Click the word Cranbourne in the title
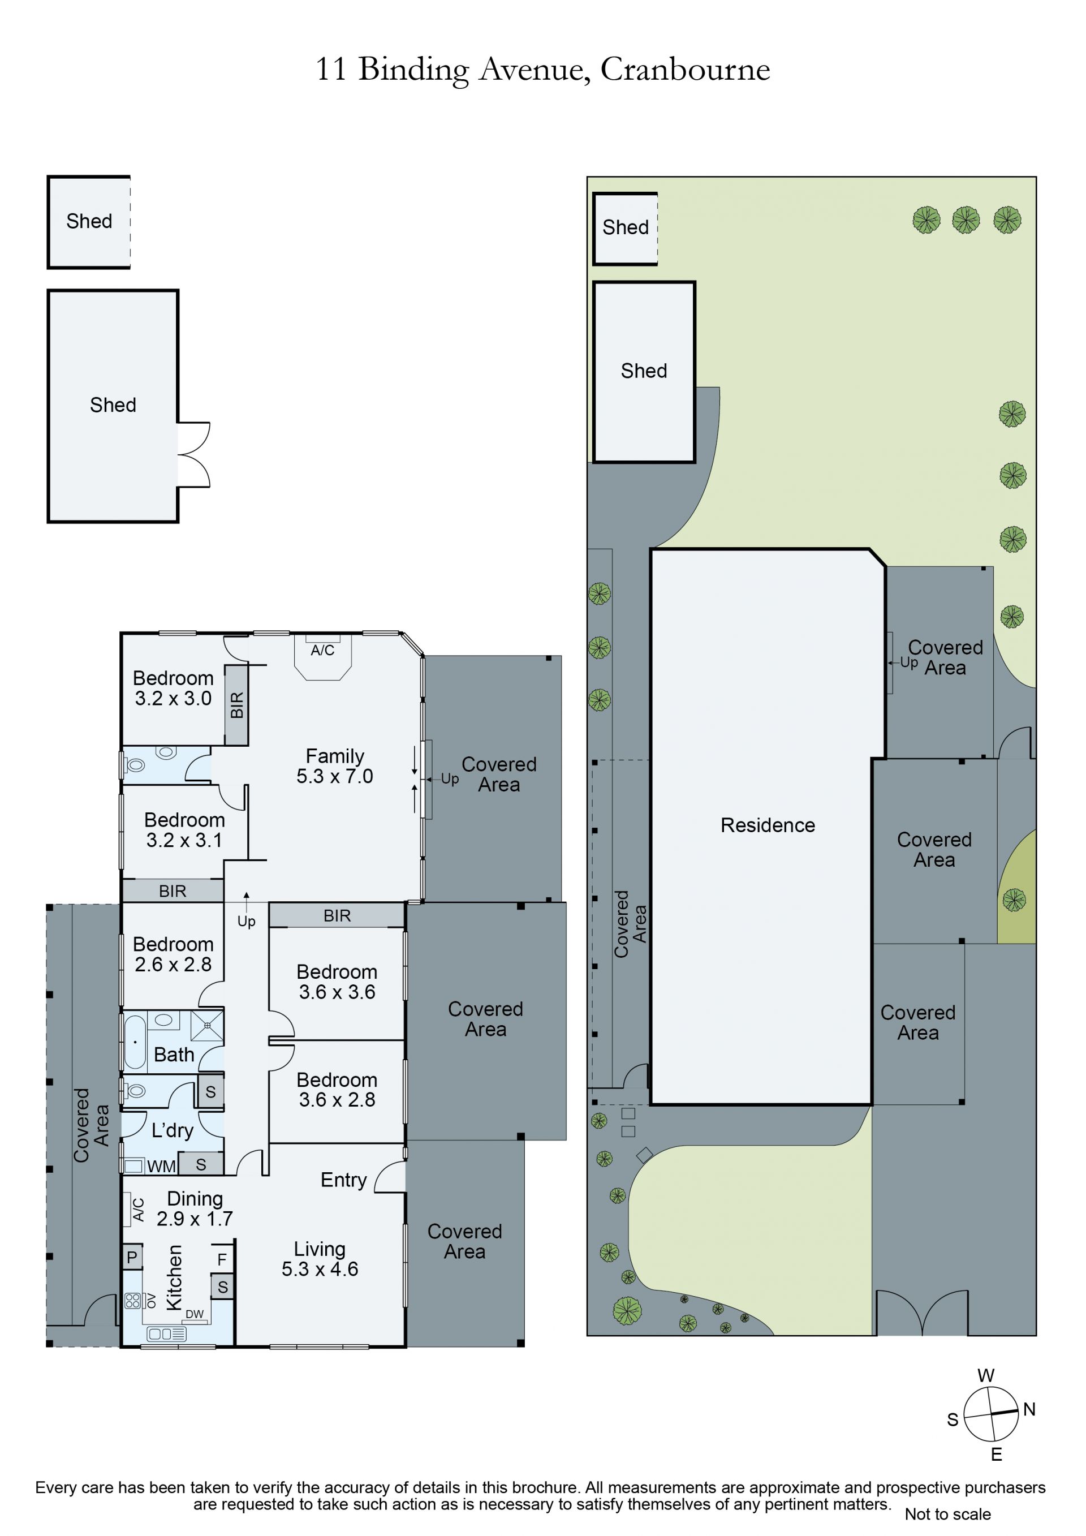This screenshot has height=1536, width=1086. pos(685,69)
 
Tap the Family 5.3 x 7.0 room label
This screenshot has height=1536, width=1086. pos(334,766)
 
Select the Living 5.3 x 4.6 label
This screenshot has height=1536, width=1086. pos(320,1259)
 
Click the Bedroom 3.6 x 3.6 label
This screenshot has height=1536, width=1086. pos(337,982)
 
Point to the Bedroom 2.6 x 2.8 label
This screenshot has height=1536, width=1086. pos(173,954)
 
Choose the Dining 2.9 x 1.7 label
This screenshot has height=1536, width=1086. pos(195,1208)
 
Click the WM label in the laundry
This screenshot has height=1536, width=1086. pos(161,1167)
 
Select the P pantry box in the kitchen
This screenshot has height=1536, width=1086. pos(132,1257)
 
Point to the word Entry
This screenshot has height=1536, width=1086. pos(344,1181)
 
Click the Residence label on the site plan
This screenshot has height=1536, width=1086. pos(768,825)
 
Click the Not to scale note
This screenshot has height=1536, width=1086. pos(947,1514)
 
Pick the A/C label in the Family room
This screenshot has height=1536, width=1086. pos(322,650)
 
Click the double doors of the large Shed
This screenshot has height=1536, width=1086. pos(194,455)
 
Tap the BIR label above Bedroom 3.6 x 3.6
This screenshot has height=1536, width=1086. pos(337,916)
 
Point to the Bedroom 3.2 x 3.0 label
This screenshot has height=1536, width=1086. pos(173,688)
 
